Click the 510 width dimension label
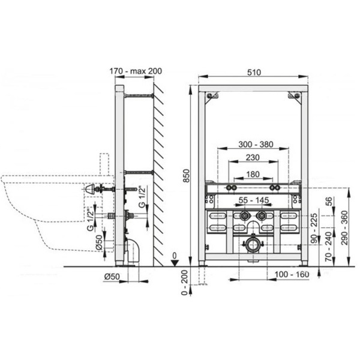(254, 73)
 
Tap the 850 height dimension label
(187, 176)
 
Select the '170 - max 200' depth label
(136, 71)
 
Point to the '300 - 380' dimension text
(256, 144)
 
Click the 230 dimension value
(253, 157)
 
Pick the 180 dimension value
(253, 174)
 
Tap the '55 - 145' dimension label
(253, 200)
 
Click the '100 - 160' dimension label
(292, 274)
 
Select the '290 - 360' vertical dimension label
(344, 228)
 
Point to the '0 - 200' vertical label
(184, 283)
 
